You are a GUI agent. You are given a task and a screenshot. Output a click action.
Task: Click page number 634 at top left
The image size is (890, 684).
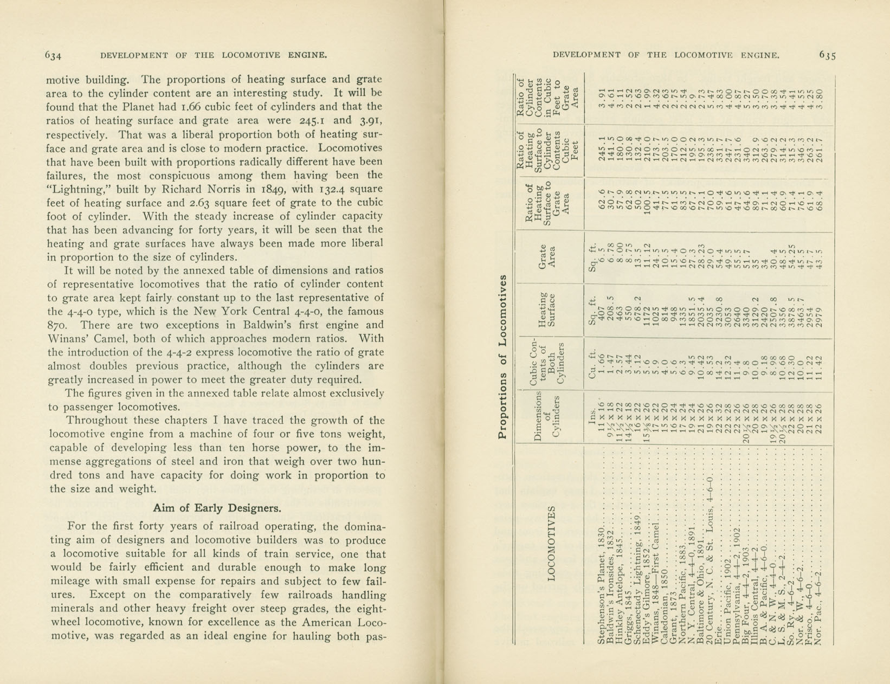point(53,55)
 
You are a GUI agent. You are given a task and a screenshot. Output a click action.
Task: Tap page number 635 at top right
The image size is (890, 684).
point(828,55)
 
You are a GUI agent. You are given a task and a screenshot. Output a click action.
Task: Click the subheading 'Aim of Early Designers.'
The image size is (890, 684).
point(217,508)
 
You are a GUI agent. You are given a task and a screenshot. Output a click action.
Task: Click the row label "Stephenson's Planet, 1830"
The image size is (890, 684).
point(601,585)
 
